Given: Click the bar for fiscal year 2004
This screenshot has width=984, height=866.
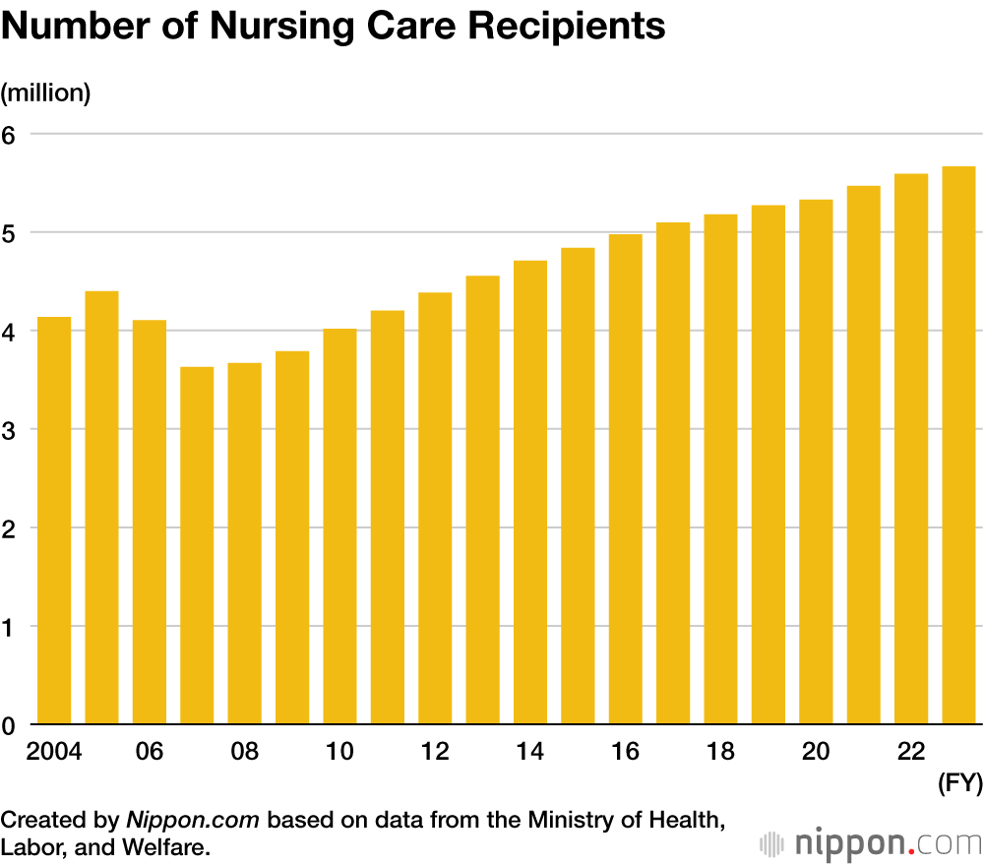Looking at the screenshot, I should (54, 521).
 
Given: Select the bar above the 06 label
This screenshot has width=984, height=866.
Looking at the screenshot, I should (150, 523).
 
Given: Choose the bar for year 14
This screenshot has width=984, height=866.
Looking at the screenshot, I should (530, 492).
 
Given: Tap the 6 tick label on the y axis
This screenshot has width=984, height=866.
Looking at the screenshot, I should (11, 134).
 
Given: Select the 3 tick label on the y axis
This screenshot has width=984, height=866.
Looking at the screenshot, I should (11, 429).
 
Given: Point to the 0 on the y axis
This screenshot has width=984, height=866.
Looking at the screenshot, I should (11, 725).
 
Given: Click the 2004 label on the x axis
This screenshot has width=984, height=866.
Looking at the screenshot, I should (54, 752).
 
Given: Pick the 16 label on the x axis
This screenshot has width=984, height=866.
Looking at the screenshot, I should (625, 752).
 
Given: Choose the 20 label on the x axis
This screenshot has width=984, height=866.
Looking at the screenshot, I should (816, 752).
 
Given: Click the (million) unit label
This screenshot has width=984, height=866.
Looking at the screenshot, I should (46, 93).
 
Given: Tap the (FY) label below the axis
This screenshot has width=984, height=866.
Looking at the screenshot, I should (958, 784).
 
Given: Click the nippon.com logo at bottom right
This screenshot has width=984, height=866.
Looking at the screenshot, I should (871, 843).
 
